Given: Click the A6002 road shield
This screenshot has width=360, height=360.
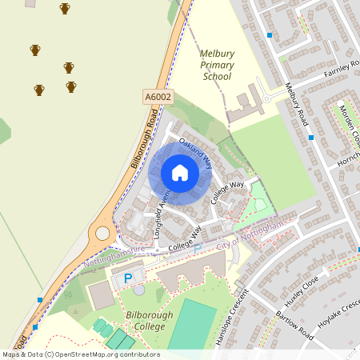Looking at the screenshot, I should (158, 96).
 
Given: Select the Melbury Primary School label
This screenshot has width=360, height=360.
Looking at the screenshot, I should (216, 65).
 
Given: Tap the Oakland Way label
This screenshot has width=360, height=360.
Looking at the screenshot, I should (194, 152).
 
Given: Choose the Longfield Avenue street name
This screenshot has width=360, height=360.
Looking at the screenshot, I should (159, 213).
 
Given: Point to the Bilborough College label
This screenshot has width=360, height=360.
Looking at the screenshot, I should (151, 321).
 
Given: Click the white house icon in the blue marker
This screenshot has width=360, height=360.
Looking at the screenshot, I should (180, 173).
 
